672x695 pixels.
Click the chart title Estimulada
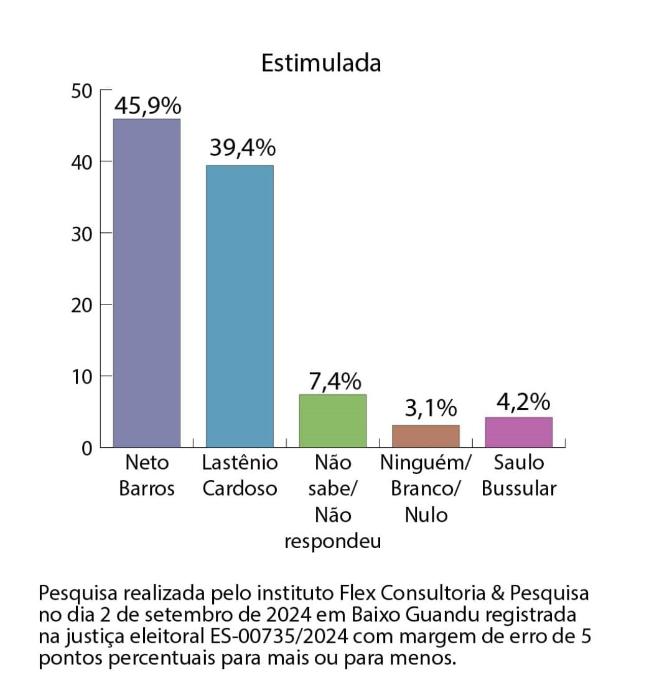320,64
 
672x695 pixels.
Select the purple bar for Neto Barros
147,283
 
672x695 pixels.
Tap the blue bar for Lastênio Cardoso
240,306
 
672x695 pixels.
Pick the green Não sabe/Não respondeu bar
333,420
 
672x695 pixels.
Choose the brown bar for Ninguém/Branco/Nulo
426,436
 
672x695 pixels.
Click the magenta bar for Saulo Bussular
519,432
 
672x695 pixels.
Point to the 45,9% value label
147,106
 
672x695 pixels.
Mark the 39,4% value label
242,148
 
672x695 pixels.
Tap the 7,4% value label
335,381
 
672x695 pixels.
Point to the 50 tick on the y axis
81,91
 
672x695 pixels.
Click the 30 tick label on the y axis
81,234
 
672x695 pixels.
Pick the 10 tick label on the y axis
81,376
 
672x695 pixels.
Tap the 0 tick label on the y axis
86,448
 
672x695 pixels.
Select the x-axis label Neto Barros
147,476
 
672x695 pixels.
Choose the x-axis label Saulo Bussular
519,476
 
